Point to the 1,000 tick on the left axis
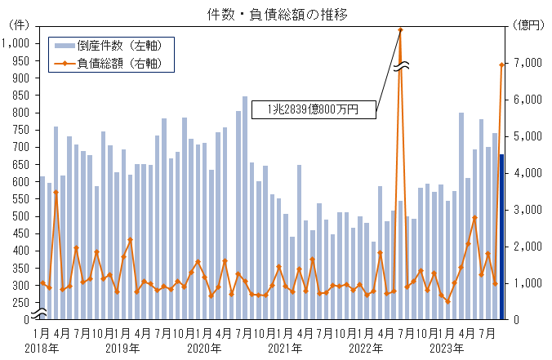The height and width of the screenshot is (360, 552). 16,43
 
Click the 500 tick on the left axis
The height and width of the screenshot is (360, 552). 21,216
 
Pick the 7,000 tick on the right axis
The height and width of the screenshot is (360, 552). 532,63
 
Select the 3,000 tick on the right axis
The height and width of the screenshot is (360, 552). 532,210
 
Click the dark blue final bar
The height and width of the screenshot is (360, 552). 501,237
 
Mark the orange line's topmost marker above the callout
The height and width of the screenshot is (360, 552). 401,29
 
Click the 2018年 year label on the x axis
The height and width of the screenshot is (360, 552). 42,349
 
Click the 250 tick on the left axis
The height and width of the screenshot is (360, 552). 21,303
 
